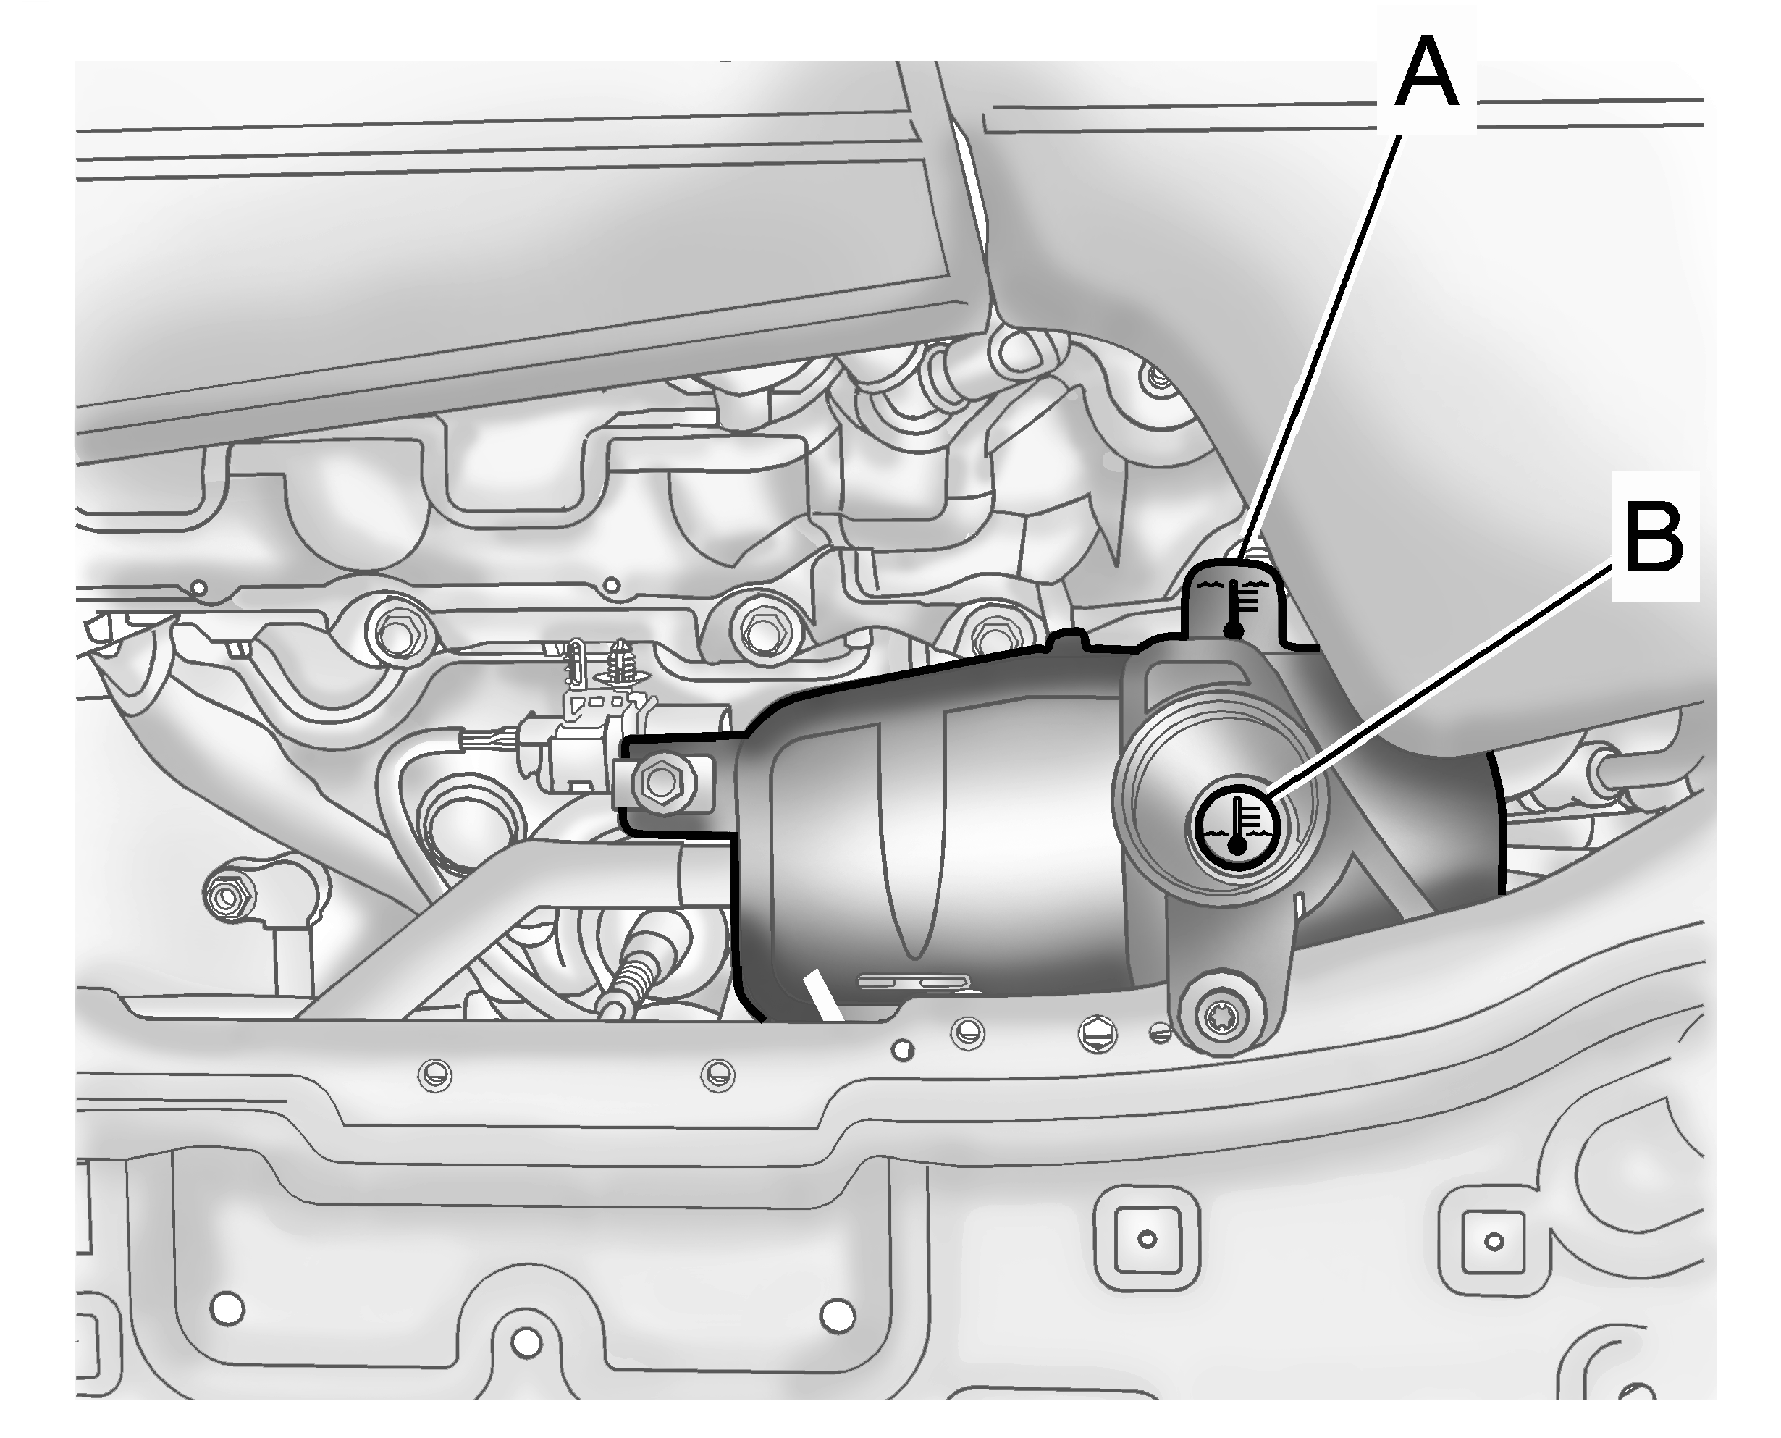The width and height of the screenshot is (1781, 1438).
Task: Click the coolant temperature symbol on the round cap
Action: pos(1236,824)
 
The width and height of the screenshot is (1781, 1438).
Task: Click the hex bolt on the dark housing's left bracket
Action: pos(662,781)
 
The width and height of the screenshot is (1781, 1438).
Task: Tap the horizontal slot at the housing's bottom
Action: pos(914,983)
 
